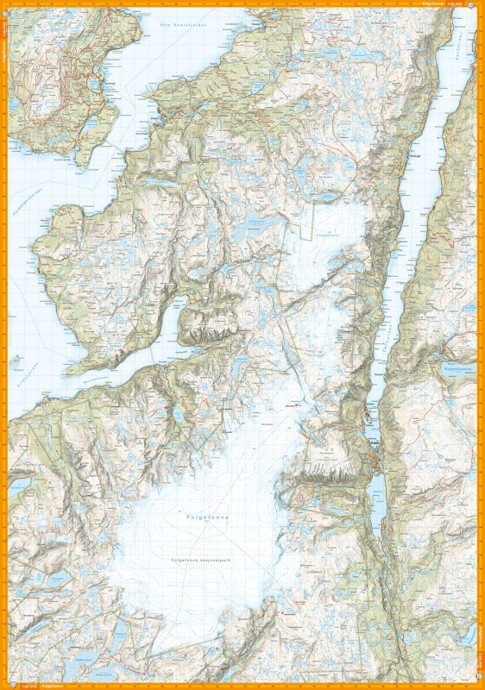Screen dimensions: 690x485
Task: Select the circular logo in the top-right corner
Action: (479, 5)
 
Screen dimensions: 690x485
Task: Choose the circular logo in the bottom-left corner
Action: (5, 685)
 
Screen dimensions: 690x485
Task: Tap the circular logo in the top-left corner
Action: (5, 5)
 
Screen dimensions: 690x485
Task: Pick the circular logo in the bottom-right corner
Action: (479, 685)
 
